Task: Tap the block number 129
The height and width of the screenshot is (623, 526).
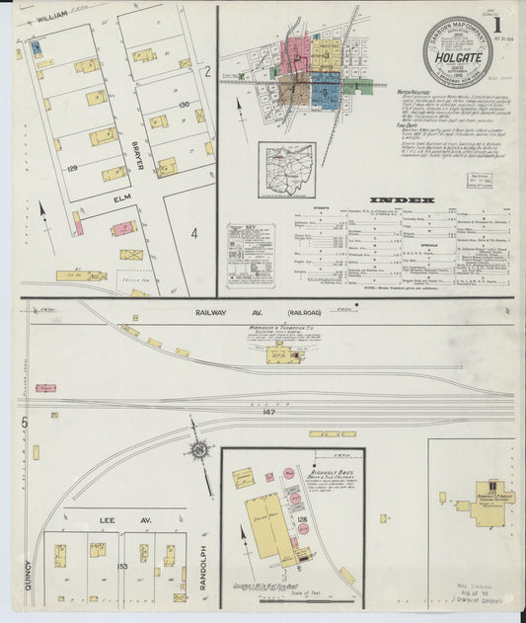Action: (x=72, y=170)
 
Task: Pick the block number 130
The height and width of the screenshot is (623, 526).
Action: (x=183, y=106)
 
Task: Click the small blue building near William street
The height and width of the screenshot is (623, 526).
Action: (x=37, y=46)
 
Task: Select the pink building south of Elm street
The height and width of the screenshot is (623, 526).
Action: (x=122, y=228)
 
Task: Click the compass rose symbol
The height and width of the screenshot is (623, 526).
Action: (x=200, y=450)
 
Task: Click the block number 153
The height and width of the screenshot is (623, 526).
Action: (x=121, y=567)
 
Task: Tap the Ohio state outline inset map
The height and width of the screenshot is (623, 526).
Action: (x=286, y=170)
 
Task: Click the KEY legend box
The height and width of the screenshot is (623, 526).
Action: (x=251, y=256)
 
